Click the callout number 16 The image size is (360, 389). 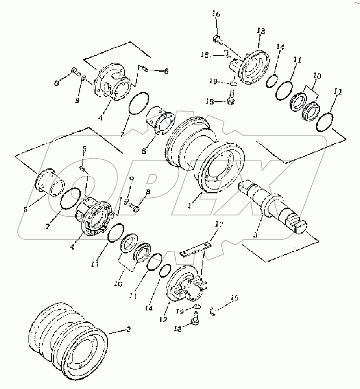pyautogui.click(x=216, y=14)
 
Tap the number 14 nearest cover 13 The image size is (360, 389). pyautogui.click(x=281, y=47)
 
